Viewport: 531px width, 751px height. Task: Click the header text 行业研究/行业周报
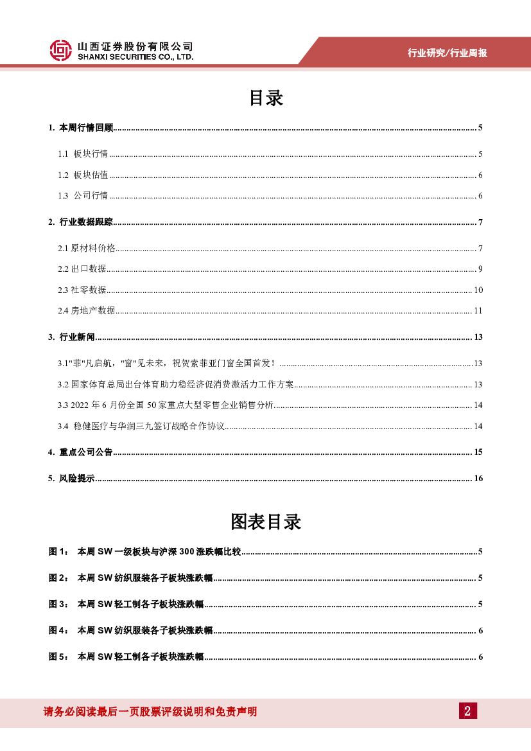click(448, 53)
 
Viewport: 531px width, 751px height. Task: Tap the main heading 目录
click(265, 98)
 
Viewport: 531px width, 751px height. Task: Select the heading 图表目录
click(265, 522)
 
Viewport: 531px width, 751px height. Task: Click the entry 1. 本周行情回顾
click(81, 128)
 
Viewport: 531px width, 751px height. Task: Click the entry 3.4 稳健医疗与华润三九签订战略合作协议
click(141, 427)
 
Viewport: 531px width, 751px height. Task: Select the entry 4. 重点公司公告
click(81, 452)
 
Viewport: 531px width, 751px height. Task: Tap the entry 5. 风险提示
click(72, 479)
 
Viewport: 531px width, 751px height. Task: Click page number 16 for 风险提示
click(478, 479)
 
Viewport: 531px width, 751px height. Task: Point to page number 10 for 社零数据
click(478, 290)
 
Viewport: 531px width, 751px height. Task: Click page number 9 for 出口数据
click(480, 269)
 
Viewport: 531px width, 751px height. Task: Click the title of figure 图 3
click(140, 605)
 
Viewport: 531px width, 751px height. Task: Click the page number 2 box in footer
click(467, 711)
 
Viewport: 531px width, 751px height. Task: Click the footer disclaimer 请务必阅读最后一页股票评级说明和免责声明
click(150, 712)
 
